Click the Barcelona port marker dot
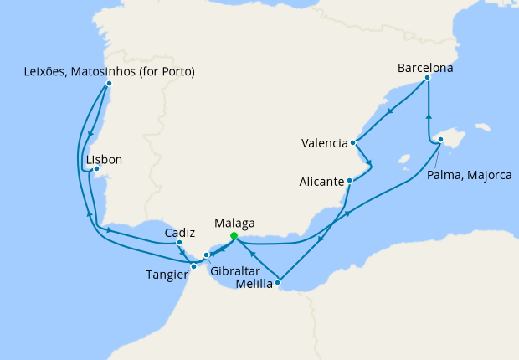pos(428,78)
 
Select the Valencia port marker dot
pos(354,142)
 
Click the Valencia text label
pos(324,143)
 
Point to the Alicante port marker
pos(350,180)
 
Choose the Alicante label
pos(321,181)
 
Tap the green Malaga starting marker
pos(234,236)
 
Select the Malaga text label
pos(234,223)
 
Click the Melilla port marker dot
pos(278,282)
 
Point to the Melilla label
pos(254,284)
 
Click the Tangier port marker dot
pos(194,266)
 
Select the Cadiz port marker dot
pos(180,243)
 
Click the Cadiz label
pos(180,232)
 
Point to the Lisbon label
pos(105,159)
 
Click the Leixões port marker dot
pos(110,83)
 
